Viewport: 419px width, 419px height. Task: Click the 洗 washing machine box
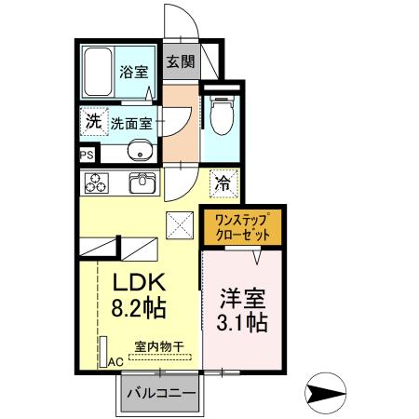coord(92,120)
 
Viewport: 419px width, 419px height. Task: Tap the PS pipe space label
coord(86,155)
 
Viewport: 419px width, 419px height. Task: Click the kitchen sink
coord(142,182)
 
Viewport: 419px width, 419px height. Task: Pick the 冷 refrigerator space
coord(223,182)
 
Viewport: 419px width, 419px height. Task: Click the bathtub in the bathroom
coord(98,73)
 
